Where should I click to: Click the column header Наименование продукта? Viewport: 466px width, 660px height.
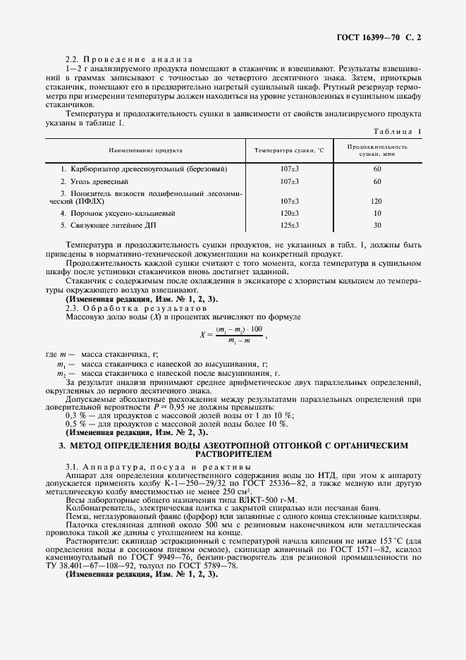[x=145, y=150]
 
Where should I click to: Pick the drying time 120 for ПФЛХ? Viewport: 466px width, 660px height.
[x=376, y=200]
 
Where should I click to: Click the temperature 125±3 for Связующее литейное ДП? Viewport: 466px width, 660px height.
[x=289, y=225]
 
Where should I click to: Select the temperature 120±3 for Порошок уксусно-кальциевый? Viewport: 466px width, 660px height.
[x=289, y=213]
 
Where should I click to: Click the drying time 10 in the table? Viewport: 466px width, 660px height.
[x=376, y=213]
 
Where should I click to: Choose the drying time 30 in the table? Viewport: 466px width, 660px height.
[x=376, y=225]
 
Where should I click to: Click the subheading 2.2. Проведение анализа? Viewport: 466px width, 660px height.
[x=124, y=59]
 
